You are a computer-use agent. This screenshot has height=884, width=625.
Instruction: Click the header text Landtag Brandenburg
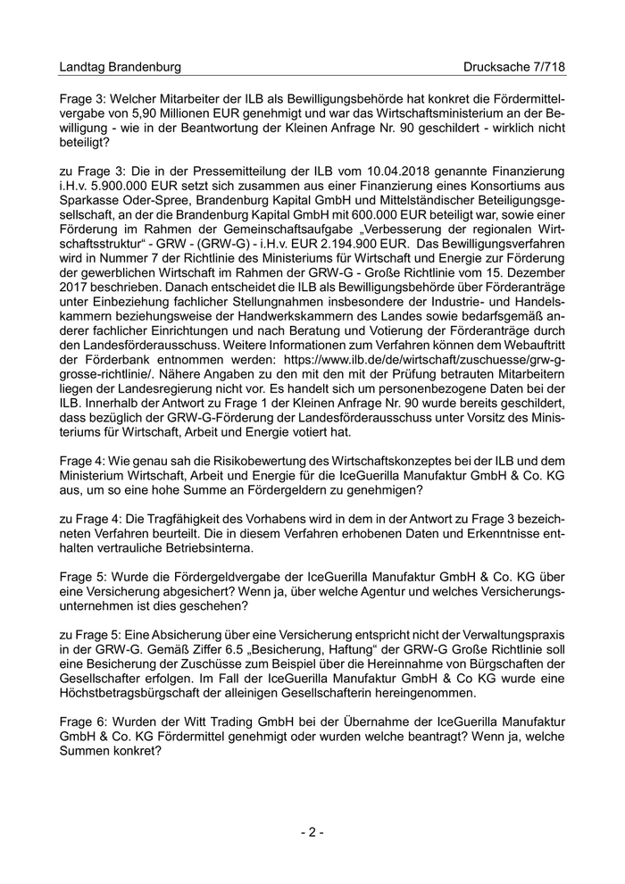coord(120,67)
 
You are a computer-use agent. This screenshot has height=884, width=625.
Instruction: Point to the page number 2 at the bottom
coord(312,832)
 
